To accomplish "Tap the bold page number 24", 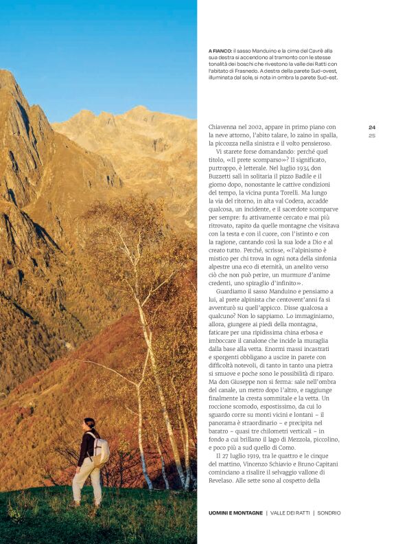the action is (x=372, y=127).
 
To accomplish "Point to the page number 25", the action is (x=372, y=135).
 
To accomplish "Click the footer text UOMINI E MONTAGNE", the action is (x=235, y=512).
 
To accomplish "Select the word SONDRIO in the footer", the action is (x=329, y=512).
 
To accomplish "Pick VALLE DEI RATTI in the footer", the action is (x=288, y=512).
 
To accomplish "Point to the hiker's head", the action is (x=89, y=424).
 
